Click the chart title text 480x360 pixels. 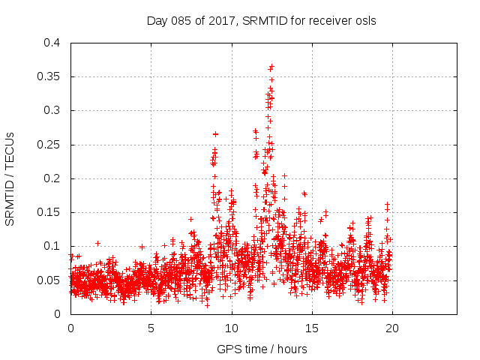tap(261, 21)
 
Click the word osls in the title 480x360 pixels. tap(364, 21)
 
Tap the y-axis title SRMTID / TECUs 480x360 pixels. tap(10, 178)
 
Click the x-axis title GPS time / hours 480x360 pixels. tap(262, 349)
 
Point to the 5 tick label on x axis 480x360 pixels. tap(151, 328)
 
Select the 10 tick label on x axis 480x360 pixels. tap(232, 328)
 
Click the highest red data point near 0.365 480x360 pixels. tap(271, 66)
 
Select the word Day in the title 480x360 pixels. tap(156, 21)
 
